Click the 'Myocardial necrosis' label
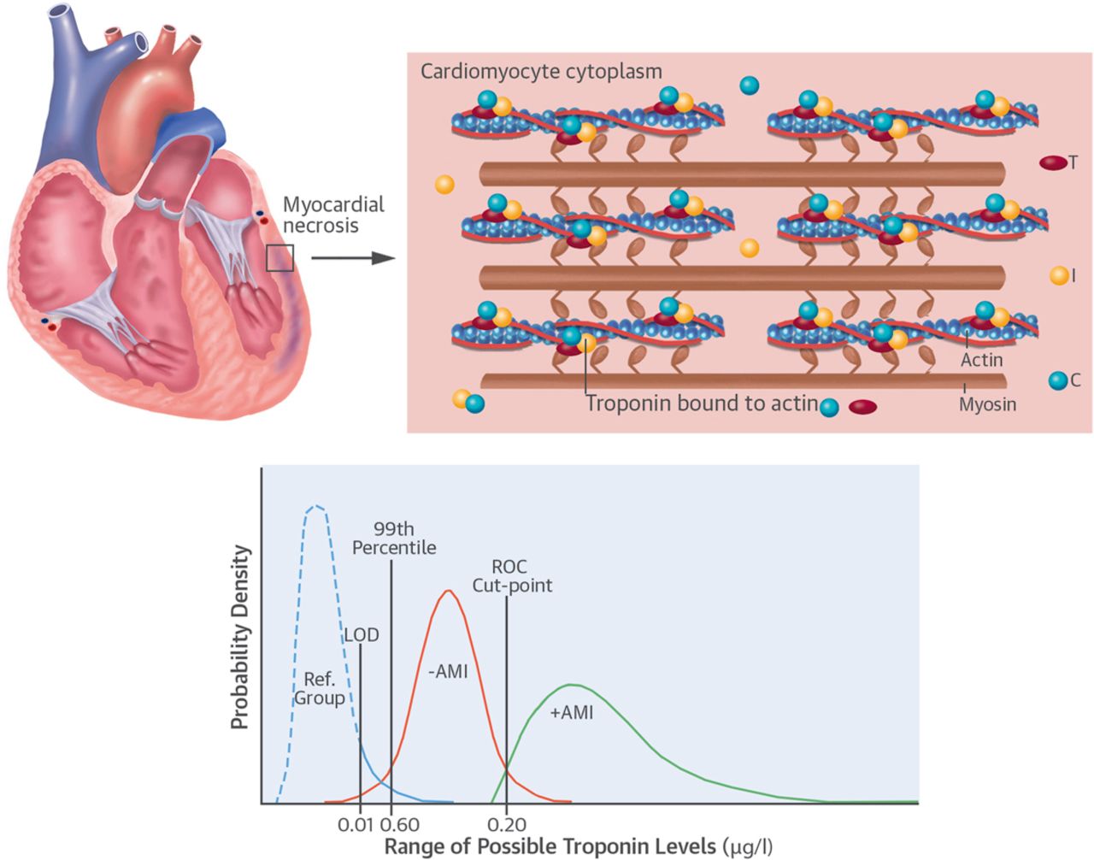333,215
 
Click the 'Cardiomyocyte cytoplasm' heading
541,71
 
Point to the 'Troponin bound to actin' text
702,403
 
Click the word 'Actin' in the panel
981,360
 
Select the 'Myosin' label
987,404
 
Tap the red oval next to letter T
1052,162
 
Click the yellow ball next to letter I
1059,275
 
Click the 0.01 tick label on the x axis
355,825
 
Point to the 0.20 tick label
507,825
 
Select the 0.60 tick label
399,825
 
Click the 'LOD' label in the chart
361,635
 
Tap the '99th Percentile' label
394,539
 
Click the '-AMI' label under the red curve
448,672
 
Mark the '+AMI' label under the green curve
571,712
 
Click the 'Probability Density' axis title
240,637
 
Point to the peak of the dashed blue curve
316,506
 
